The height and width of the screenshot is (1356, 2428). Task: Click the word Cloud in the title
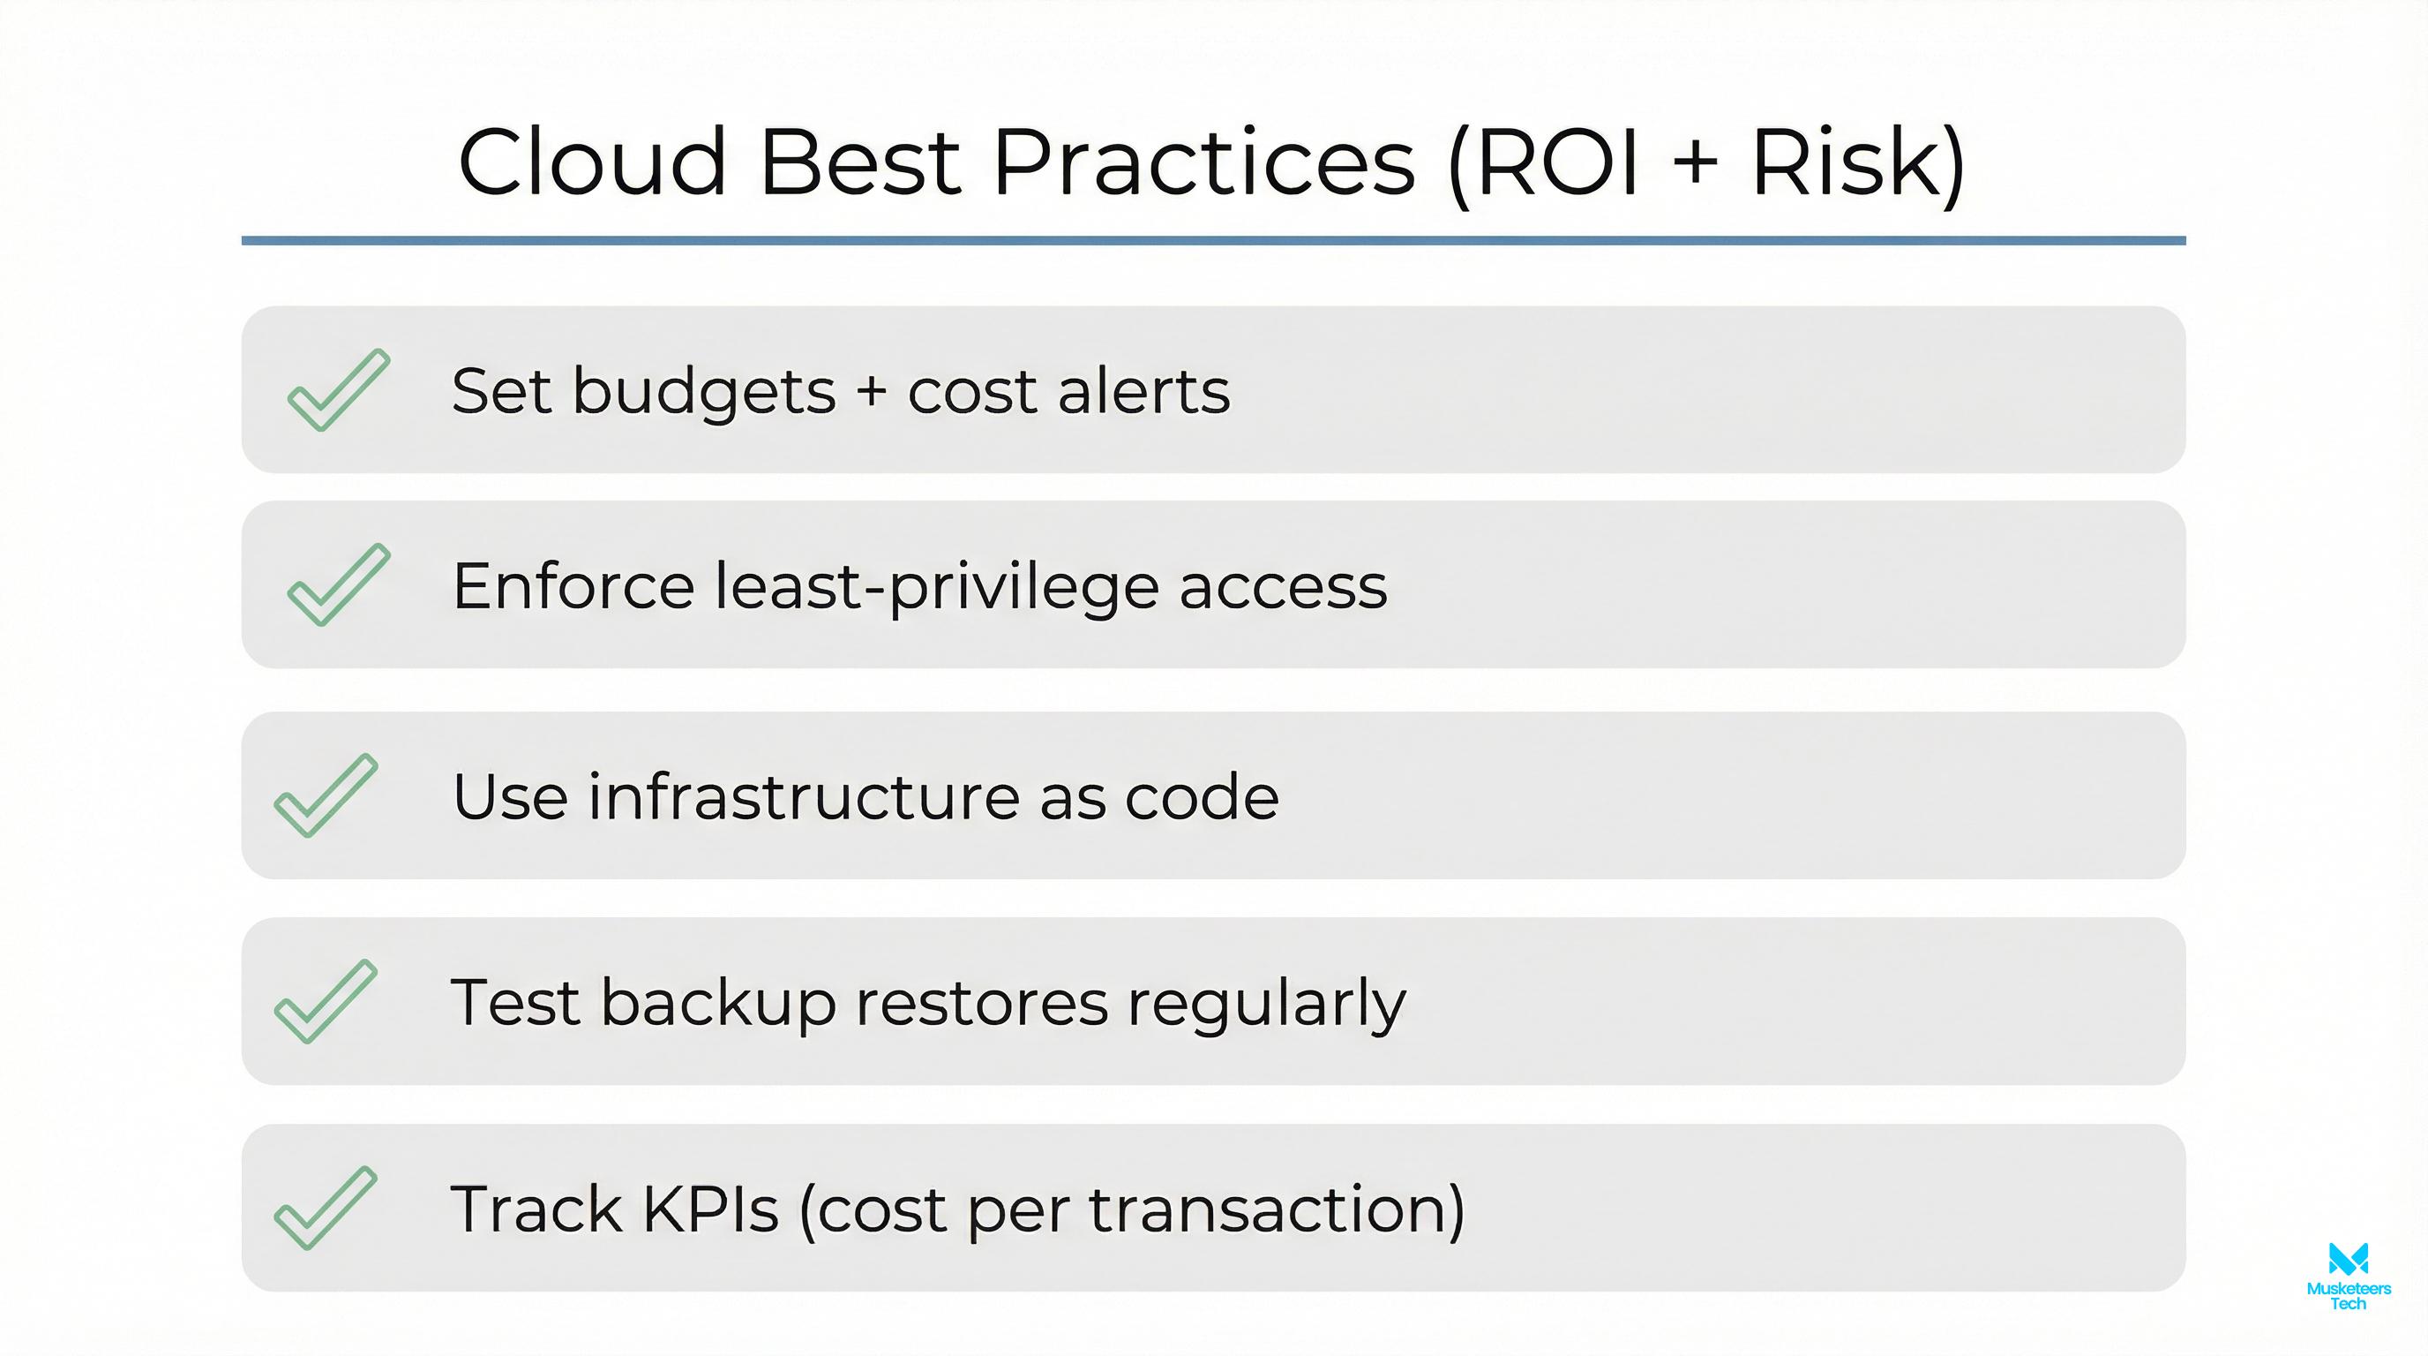click(x=592, y=162)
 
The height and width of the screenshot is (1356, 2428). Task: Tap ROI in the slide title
click(x=1557, y=162)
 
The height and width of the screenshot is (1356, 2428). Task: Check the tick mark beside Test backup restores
click(x=326, y=1001)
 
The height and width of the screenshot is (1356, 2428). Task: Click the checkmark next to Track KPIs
click(x=326, y=1208)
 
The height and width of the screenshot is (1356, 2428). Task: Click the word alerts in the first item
click(x=1143, y=390)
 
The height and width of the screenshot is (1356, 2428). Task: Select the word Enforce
click(x=573, y=585)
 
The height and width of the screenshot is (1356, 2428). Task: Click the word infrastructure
click(x=803, y=797)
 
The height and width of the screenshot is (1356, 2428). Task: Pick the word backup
click(x=718, y=1002)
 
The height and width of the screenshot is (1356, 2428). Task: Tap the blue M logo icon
click(x=2348, y=1258)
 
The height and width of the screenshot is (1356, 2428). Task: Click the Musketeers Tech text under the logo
click(x=2348, y=1296)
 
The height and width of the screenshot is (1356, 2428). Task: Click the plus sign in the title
click(x=1696, y=162)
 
